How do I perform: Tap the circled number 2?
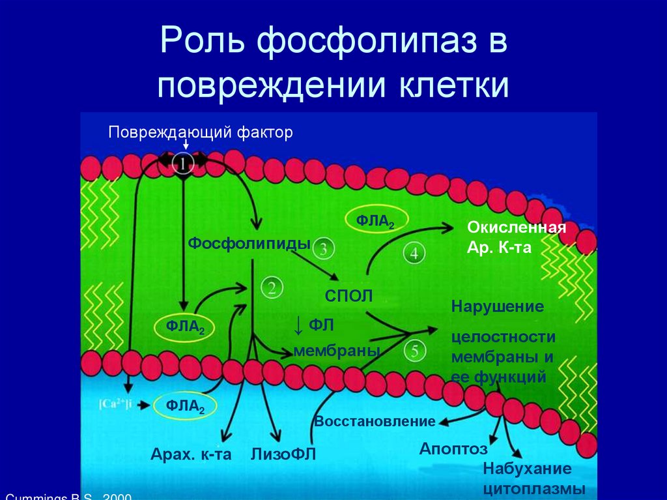click(x=272, y=287)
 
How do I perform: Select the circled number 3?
click(x=324, y=248)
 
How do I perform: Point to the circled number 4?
click(x=415, y=254)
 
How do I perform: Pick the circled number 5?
click(x=415, y=351)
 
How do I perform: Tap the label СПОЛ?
click(x=349, y=296)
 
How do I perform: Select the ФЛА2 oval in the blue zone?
click(x=186, y=406)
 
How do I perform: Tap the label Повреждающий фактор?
click(x=201, y=132)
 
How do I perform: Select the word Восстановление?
click(x=375, y=421)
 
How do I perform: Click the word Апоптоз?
click(x=453, y=449)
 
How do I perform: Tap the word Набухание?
click(x=527, y=469)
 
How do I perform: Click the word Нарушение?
click(x=498, y=306)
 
